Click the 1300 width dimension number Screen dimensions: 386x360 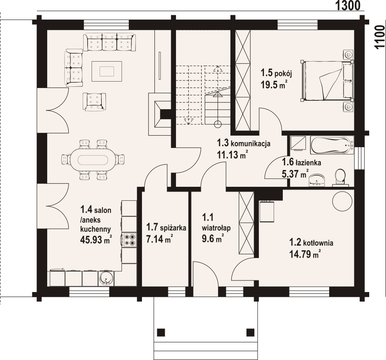click(348, 6)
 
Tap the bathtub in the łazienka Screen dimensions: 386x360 click(332, 145)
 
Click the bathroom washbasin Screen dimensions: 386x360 click(317, 180)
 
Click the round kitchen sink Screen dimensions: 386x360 click(106, 278)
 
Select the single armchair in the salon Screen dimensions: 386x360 click(94, 102)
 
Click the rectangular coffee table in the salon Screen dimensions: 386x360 click(107, 71)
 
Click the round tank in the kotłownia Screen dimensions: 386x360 click(342, 201)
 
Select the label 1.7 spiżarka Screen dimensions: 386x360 click(166, 227)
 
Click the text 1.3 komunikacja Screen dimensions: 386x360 click(244, 143)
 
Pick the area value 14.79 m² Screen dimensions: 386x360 click(305, 254)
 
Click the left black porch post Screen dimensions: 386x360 click(161, 332)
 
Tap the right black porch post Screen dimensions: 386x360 click(251, 332)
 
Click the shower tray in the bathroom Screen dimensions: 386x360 click(299, 143)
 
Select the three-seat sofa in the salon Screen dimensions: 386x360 click(110, 42)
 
